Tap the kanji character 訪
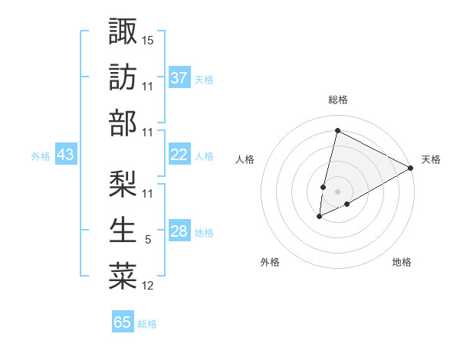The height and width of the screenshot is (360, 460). point(123,77)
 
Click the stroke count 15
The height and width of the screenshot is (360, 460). point(148,38)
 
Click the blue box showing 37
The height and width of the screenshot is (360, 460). point(179,77)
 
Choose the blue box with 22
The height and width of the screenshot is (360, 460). point(179,155)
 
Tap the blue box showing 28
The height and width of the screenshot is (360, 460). point(179,232)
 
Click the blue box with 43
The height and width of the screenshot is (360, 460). point(66,155)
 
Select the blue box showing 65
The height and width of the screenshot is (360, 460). point(123,322)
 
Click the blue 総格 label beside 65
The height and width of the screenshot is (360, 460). point(147,324)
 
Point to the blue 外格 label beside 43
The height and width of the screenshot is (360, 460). point(41,156)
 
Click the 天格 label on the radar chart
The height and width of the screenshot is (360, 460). point(431,159)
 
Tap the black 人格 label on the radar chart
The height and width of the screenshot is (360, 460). point(245,159)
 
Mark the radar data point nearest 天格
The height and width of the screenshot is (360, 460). point(411,168)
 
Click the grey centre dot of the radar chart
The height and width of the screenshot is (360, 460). point(337,191)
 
